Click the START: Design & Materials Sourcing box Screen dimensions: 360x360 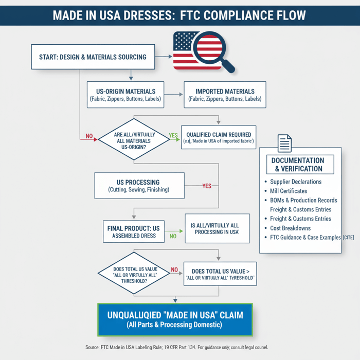93,57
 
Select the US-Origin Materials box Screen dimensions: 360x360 125,95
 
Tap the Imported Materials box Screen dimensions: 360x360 224,95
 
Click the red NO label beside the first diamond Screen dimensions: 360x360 89,136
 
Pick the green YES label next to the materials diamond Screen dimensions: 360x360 173,136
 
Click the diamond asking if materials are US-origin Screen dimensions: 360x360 133,140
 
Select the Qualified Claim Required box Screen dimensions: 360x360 219,137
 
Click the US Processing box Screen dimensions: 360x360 139,186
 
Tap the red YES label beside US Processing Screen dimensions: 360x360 207,186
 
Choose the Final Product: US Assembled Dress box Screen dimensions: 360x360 134,232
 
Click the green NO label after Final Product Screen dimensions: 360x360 173,236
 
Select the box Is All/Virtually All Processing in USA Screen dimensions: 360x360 217,229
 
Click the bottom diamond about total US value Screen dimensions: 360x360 134,273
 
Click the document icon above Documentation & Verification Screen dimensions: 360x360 284,143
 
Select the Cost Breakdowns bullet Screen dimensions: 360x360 290,228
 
